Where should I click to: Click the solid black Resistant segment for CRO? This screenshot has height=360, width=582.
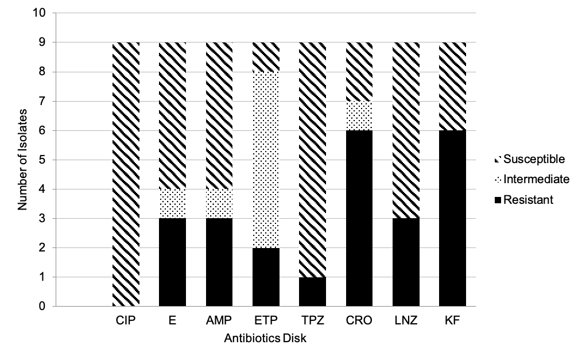[359, 218]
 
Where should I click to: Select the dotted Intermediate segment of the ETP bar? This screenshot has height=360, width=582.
[266, 160]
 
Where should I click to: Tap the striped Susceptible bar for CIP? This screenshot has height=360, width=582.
[126, 174]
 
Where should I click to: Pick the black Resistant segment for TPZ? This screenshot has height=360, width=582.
[312, 292]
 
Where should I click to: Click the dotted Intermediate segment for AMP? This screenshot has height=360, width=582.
[219, 203]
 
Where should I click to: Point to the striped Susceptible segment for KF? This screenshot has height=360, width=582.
[452, 86]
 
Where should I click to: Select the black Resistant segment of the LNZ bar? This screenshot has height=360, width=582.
[406, 262]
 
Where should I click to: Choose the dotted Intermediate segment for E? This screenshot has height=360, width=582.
[172, 203]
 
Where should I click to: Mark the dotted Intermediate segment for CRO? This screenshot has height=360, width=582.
[359, 115]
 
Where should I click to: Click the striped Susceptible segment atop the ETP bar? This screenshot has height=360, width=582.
[266, 57]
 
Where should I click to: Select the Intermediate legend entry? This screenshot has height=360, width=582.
[531, 179]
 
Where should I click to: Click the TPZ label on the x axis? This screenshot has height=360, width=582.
[312, 321]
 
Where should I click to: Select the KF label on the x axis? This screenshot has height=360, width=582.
[452, 321]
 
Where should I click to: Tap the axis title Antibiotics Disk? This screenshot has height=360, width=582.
[265, 339]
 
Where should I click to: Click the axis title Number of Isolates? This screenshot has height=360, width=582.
[22, 160]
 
